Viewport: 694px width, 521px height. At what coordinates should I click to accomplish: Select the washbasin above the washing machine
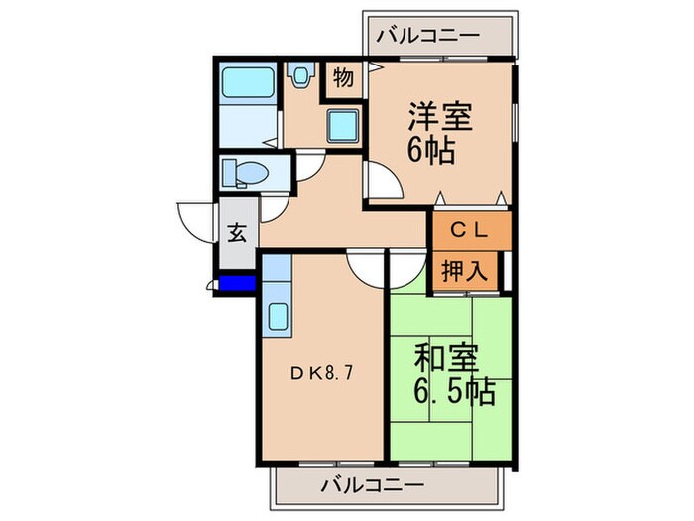(x=300, y=73)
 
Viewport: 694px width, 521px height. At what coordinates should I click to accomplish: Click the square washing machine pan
(x=344, y=125)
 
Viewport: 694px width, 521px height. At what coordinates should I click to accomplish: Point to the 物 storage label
(x=342, y=78)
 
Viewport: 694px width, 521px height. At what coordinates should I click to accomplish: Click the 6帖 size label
(x=429, y=152)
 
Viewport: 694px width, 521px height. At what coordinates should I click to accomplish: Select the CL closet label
(x=470, y=231)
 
